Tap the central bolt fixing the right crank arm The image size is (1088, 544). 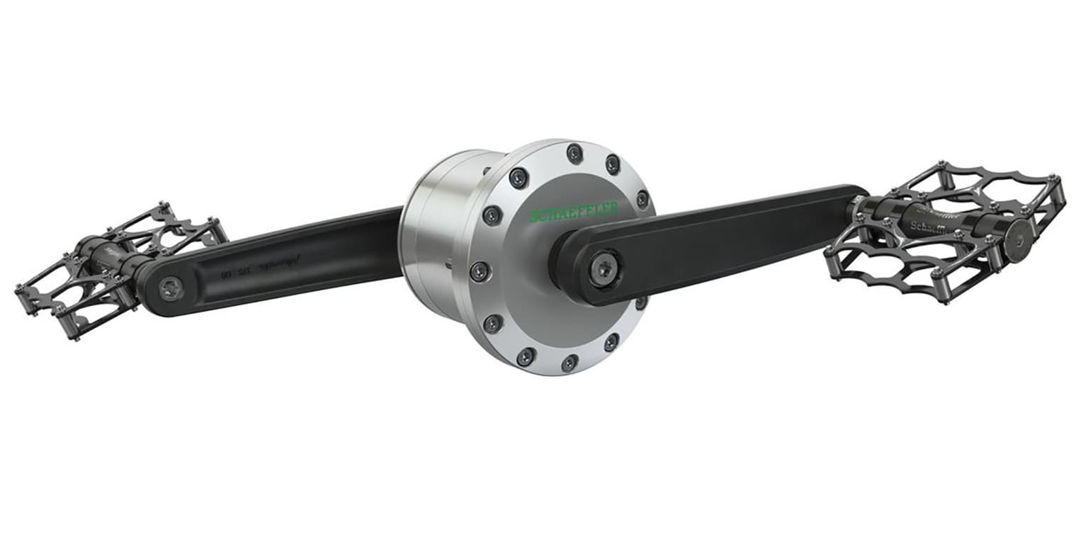605,269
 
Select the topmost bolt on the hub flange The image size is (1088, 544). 574,154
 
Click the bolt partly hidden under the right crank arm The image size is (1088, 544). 641,302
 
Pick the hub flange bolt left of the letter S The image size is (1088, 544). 492,215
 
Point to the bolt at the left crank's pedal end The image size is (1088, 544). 171,287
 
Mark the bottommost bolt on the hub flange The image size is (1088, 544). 569,363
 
